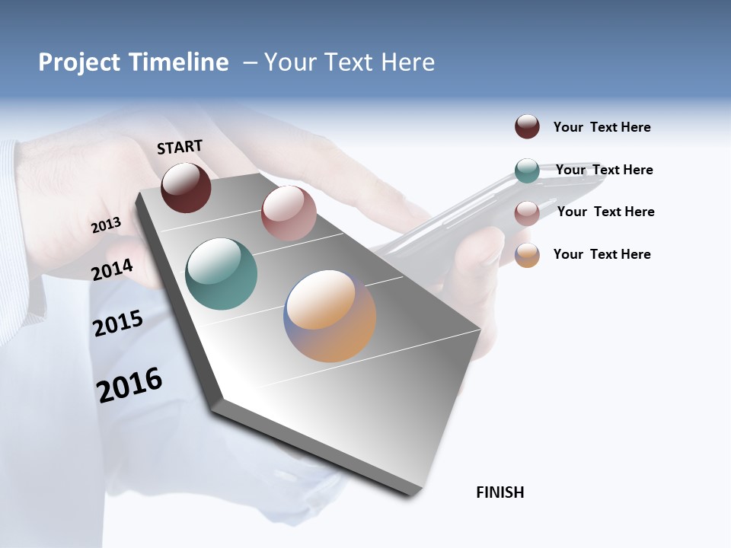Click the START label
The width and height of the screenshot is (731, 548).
180,147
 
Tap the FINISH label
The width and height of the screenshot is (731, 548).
500,492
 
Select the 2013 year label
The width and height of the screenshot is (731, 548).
106,225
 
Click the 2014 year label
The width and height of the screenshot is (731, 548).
112,269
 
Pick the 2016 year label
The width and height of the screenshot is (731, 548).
129,385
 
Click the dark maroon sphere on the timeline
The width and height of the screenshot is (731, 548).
186,187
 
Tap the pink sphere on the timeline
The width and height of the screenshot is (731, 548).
289,213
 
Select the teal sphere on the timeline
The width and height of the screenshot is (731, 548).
222,274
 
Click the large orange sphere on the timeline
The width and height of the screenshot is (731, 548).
330,316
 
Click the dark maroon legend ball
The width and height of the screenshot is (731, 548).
527,126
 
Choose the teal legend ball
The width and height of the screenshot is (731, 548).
527,170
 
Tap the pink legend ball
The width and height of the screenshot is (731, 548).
527,213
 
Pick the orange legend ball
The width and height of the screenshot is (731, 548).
527,255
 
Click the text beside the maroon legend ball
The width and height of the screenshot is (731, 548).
602,127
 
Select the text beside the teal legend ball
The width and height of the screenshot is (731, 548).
604,170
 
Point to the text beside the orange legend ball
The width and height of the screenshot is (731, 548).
602,254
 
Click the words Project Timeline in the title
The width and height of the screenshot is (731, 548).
133,62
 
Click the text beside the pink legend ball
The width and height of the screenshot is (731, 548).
605,212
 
